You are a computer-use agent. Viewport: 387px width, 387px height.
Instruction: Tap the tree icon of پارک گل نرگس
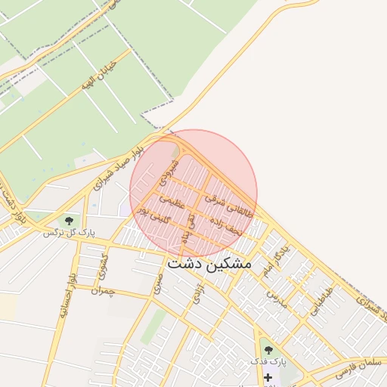[69, 221]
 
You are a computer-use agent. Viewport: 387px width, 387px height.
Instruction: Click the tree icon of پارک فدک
[268, 350]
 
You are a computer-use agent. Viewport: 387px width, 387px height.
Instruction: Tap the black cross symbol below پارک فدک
[268, 376]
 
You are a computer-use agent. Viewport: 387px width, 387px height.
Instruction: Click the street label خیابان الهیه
[98, 76]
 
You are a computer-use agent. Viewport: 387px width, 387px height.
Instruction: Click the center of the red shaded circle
[193, 193]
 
